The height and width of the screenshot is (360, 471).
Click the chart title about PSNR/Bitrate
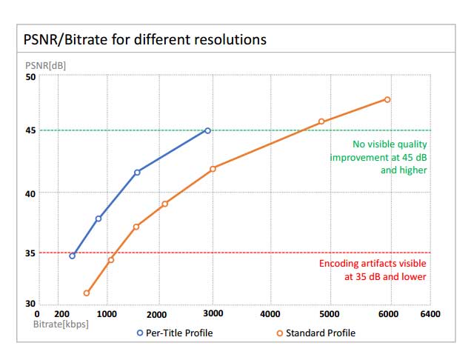pyautogui.click(x=145, y=39)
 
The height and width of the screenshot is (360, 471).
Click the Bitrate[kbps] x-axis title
pyautogui.click(x=61, y=324)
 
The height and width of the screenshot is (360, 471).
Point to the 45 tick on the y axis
pyautogui.click(x=30, y=130)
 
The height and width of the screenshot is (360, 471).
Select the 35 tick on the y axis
pyautogui.click(x=30, y=253)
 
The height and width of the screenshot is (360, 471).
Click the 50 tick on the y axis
pyautogui.click(x=30, y=76)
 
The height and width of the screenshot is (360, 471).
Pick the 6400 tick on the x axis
pyautogui.click(x=430, y=314)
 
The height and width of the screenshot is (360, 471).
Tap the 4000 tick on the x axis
pyautogui.click(x=270, y=314)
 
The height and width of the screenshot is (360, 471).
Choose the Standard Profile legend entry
pyautogui.click(x=320, y=333)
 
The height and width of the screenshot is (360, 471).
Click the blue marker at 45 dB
pyautogui.click(x=207, y=130)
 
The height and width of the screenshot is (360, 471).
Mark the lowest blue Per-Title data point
pyautogui.click(x=72, y=256)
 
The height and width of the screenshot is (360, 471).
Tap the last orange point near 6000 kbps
pyautogui.click(x=387, y=99)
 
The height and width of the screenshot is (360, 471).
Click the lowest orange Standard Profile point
pyautogui.click(x=86, y=293)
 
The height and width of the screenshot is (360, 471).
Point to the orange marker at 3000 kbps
pyautogui.click(x=213, y=169)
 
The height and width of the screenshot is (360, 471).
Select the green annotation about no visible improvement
pyautogui.click(x=378, y=157)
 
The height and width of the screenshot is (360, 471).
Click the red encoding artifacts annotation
pyautogui.click(x=373, y=270)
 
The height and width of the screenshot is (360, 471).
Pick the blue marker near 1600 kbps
pyautogui.click(x=137, y=173)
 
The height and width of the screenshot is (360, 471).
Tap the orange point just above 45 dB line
pyautogui.click(x=321, y=121)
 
